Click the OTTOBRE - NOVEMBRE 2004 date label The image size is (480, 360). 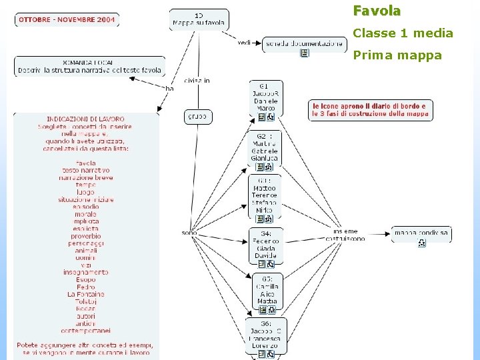(x=67, y=20)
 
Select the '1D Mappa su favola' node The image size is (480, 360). (x=199, y=19)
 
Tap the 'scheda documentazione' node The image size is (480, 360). (x=304, y=45)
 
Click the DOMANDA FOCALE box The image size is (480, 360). (x=89, y=66)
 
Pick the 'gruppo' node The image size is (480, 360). (x=197, y=117)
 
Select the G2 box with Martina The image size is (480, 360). (x=265, y=147)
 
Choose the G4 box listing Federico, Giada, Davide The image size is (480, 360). (x=265, y=244)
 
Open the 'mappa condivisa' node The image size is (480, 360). (x=421, y=233)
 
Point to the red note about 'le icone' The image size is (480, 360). (x=371, y=110)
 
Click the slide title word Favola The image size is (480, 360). (x=377, y=11)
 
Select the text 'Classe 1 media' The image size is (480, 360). (x=403, y=33)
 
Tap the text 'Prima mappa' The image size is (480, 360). (x=397, y=55)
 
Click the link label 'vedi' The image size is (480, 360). (x=244, y=43)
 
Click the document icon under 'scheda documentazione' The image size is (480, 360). (x=304, y=53)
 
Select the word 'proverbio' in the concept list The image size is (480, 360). (x=86, y=236)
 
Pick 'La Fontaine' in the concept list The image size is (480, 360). (x=86, y=294)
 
